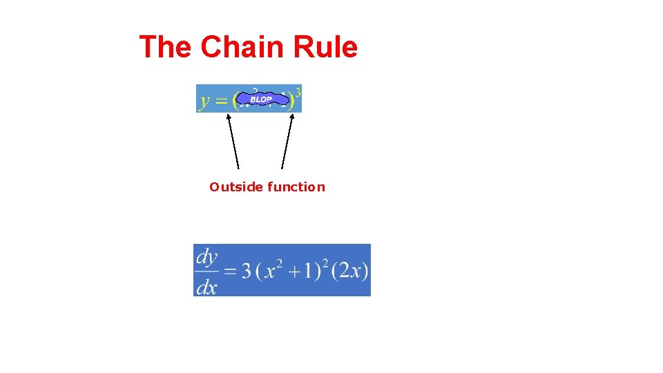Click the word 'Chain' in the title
242,47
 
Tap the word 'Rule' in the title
325,47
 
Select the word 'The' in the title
166,47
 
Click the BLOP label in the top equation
261,99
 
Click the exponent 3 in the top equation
298,90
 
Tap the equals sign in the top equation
222,101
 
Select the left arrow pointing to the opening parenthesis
233,141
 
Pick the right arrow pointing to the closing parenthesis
287,141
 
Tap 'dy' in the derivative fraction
206,257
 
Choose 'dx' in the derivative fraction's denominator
206,285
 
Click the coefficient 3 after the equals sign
246,271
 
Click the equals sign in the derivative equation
229,271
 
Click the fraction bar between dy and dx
206,271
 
